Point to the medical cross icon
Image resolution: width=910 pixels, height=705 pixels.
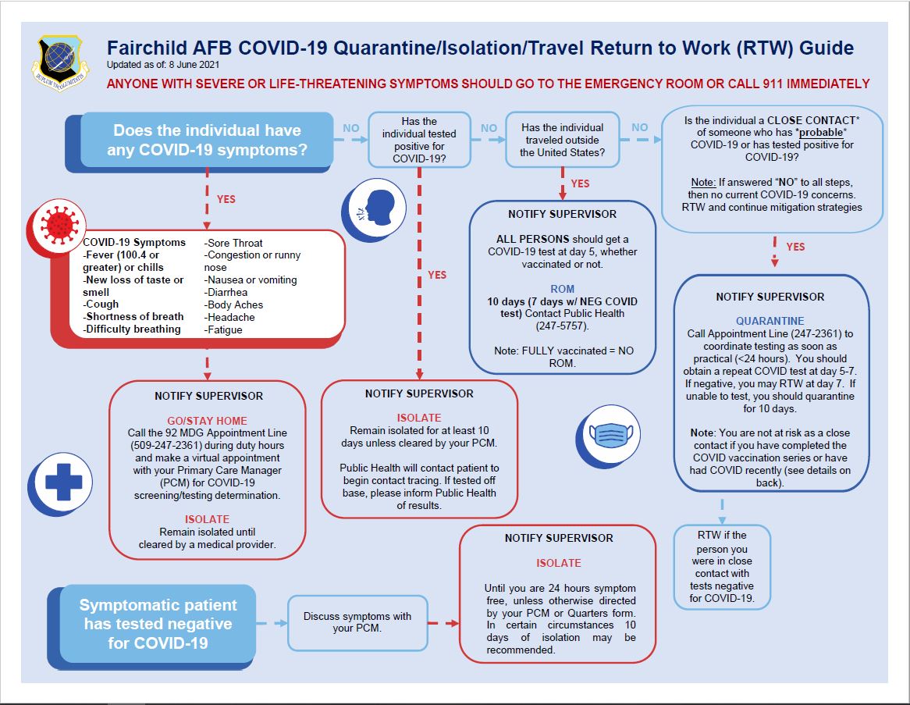59,482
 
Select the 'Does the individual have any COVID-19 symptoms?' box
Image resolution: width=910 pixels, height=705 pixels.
207,140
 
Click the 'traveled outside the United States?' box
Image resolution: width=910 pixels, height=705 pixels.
562,140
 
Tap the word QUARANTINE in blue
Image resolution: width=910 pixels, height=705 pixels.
770,321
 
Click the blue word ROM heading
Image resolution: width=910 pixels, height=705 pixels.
562,289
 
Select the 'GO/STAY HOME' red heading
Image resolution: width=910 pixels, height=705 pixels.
207,421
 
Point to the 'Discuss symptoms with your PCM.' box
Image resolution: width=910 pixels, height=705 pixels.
357,622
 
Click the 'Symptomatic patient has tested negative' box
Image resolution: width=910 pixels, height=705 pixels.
158,624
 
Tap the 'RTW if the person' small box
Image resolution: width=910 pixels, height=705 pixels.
722,567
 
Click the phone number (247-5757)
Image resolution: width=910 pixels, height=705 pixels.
562,326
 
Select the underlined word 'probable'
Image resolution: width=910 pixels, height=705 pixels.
793,133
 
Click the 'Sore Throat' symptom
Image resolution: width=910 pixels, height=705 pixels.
234,243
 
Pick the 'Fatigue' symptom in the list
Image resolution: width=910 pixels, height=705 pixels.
224,329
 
